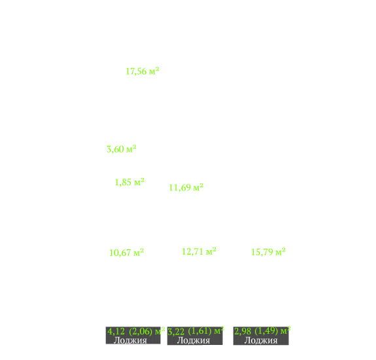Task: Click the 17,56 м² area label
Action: (143, 71)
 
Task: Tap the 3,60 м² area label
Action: (122, 149)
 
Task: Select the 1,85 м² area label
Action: (129, 182)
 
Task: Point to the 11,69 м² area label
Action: (186, 187)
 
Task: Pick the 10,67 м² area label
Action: (126, 253)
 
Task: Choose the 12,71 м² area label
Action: (199, 251)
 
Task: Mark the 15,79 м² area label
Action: (268, 252)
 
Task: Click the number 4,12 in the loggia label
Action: (116, 331)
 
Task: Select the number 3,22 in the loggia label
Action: (176, 332)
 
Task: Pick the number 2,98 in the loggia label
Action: (243, 331)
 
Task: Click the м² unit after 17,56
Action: (154, 71)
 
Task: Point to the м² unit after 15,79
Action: (281, 251)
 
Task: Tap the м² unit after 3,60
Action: (131, 149)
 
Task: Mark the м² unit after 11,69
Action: (198, 187)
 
